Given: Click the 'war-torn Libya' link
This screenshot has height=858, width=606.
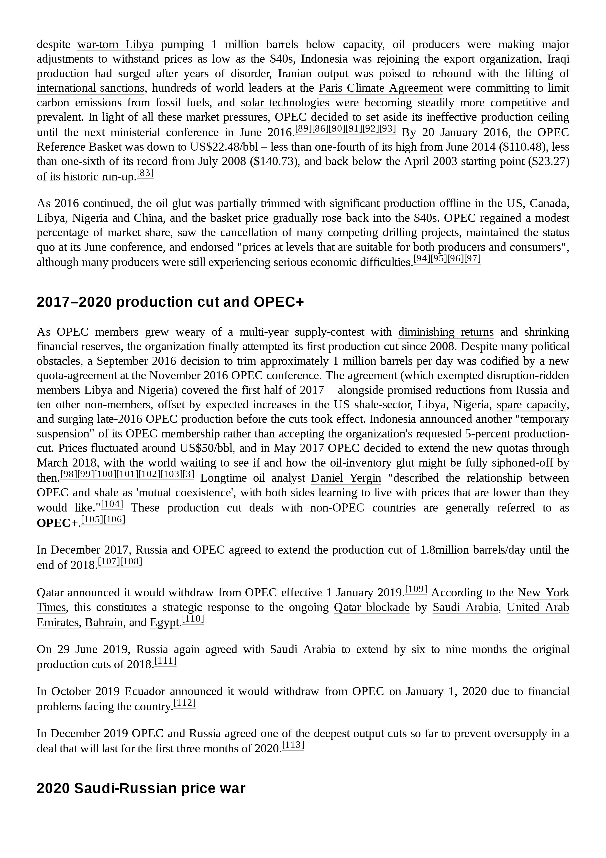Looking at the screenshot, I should (115, 45).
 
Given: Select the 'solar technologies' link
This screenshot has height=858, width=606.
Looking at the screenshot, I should (285, 103).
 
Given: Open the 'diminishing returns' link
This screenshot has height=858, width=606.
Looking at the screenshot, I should (445, 332).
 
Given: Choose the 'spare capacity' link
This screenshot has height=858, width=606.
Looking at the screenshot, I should (531, 405).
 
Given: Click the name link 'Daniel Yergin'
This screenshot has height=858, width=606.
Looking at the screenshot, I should (346, 478).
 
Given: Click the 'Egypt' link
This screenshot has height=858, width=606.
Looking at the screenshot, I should (164, 623).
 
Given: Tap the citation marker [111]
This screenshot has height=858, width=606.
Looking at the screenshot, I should (165, 661).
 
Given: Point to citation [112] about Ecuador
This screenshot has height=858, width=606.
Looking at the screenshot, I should (185, 703).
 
